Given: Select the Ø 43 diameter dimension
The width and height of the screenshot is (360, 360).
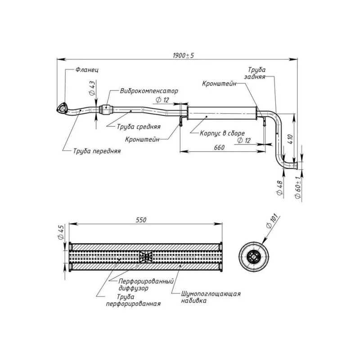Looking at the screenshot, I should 91,88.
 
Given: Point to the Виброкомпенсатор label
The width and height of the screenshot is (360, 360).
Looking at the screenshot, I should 149,91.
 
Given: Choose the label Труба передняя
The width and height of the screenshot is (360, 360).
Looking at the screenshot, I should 97,151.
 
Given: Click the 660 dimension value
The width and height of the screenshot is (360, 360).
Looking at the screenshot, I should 219,148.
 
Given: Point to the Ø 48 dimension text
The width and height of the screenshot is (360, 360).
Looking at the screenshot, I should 279,188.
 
